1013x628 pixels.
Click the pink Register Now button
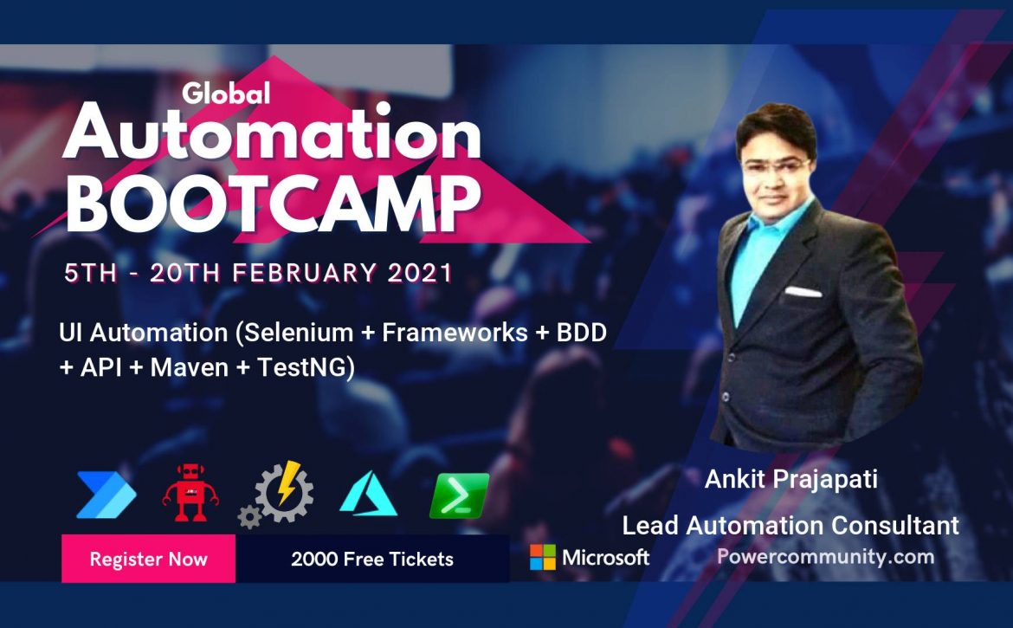pyautogui.click(x=148, y=559)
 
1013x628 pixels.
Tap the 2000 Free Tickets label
pyautogui.click(x=372, y=559)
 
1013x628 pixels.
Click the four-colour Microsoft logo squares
pyautogui.click(x=543, y=557)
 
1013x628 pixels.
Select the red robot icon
pyautogui.click(x=190, y=492)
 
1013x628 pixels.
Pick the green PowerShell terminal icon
pyautogui.click(x=460, y=495)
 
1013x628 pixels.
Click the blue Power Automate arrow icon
pyautogui.click(x=106, y=495)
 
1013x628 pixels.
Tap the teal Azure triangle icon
pyautogui.click(x=368, y=494)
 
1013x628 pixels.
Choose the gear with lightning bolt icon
pyautogui.click(x=276, y=495)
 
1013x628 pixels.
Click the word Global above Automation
pyautogui.click(x=226, y=93)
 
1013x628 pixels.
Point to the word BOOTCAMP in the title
pyautogui.click(x=274, y=204)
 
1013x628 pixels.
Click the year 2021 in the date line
pyautogui.click(x=420, y=273)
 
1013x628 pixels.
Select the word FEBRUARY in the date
pyautogui.click(x=304, y=273)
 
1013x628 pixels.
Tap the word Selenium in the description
pyautogui.click(x=299, y=333)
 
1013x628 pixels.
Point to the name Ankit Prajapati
pyautogui.click(x=790, y=480)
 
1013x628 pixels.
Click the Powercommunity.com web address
pyautogui.click(x=826, y=556)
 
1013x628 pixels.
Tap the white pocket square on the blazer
pyautogui.click(x=803, y=292)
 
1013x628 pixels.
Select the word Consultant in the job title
pyautogui.click(x=894, y=525)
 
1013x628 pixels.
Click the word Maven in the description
pyautogui.click(x=190, y=367)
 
